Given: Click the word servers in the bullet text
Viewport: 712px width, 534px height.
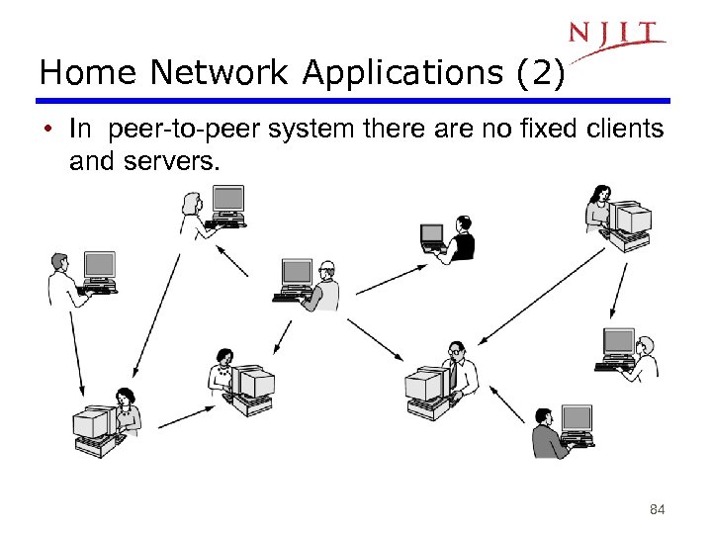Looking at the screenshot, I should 168,161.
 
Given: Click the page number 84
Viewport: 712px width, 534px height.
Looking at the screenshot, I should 656,510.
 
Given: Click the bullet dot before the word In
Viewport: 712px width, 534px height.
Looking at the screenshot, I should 47,130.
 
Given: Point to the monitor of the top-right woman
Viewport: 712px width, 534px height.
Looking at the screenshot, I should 631,218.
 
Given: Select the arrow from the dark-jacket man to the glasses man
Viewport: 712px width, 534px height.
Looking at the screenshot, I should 505,400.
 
